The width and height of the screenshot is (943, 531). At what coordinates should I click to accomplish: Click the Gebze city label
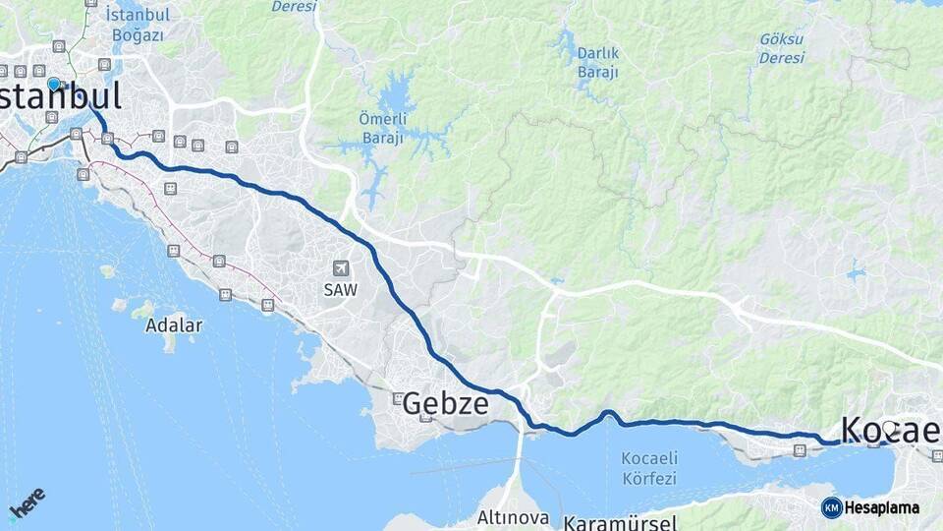coord(445,403)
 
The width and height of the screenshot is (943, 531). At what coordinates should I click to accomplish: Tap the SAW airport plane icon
coord(341,267)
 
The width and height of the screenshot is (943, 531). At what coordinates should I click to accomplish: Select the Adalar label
coord(174,324)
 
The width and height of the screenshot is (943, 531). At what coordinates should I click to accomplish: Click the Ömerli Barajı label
coord(381,129)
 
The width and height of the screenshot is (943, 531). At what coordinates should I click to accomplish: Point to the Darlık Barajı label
coord(598,62)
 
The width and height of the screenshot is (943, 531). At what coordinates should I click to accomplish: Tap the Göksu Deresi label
coord(781,48)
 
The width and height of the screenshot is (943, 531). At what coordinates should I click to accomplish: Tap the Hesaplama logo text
coord(882,507)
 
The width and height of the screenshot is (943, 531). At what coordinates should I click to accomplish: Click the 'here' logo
coord(27,502)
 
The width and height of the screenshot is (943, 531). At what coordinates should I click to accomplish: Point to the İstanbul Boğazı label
coord(138,26)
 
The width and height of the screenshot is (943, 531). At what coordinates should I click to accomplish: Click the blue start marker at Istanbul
coord(53,85)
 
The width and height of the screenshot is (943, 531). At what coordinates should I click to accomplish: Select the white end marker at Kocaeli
coord(889,428)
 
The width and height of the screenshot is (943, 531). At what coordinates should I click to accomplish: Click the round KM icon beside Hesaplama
coord(831,507)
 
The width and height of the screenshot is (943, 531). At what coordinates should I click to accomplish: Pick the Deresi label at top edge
coord(294,7)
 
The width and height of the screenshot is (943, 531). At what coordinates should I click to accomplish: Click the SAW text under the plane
coord(341,290)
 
